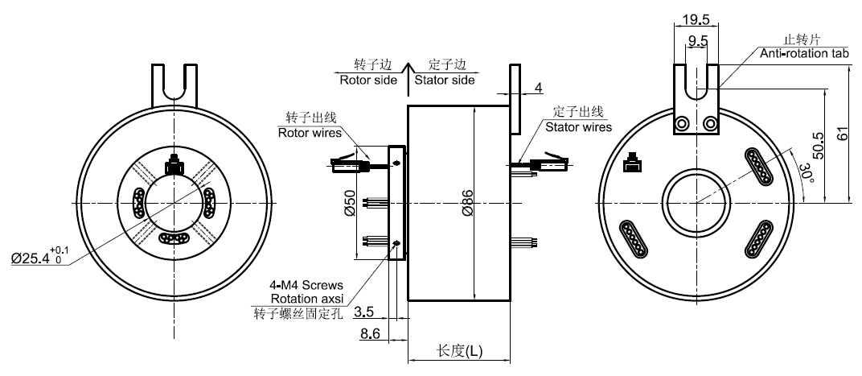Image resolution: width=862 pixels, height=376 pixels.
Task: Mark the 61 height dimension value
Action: (842, 133)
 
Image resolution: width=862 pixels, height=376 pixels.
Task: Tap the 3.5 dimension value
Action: (363, 310)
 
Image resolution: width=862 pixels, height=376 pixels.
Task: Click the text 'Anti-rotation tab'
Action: (805, 54)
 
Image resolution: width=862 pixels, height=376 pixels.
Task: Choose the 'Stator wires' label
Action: (578, 126)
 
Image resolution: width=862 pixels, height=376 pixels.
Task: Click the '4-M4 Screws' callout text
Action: (306, 285)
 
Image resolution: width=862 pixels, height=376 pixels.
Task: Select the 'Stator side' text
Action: (444, 80)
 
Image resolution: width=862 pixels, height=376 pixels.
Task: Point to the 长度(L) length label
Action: (460, 351)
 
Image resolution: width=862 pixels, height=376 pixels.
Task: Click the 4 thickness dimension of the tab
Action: (539, 87)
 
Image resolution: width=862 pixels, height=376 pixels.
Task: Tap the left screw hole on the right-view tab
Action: (683, 124)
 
